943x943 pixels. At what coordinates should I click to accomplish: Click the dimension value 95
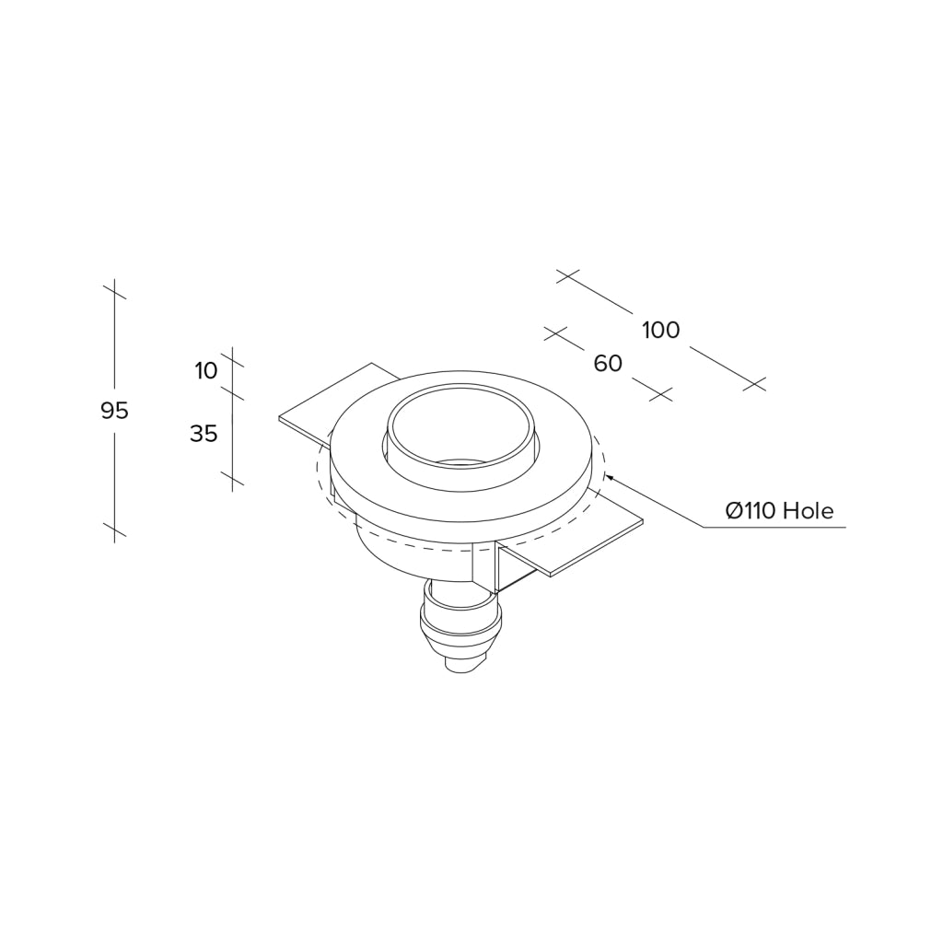tap(114, 411)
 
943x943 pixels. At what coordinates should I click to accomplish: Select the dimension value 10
tap(205, 371)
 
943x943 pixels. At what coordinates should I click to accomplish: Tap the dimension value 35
tap(204, 433)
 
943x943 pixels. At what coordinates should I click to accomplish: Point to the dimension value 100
tap(661, 331)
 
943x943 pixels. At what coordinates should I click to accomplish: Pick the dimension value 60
tap(608, 363)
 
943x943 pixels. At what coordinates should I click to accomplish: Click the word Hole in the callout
tap(809, 511)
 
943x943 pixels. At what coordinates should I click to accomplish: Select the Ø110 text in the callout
tap(751, 511)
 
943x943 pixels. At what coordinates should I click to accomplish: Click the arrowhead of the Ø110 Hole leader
tap(610, 478)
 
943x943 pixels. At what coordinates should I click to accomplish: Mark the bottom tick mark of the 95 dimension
tap(114, 530)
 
